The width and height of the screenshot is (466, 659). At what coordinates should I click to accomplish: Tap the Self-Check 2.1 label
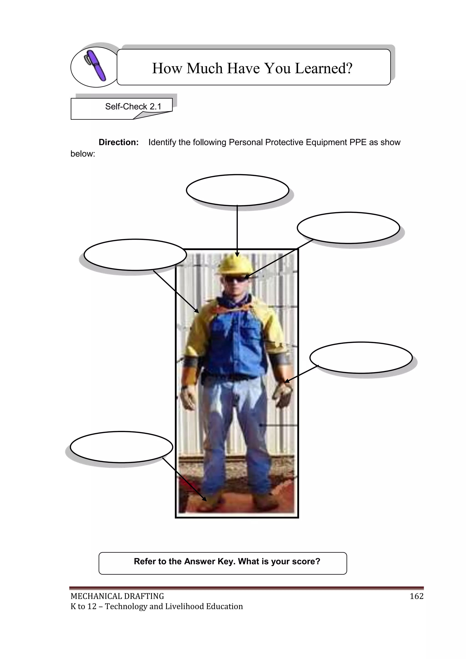tap(133, 107)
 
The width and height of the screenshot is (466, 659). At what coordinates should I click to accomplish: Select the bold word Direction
tap(119, 142)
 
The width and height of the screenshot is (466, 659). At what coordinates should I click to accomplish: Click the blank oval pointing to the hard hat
tap(237, 190)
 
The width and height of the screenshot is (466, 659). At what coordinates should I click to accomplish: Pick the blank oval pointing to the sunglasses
tap(348, 228)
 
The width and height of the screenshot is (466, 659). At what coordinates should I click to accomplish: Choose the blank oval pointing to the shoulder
tap(135, 254)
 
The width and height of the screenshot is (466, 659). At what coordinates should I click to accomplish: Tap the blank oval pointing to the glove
tap(361, 358)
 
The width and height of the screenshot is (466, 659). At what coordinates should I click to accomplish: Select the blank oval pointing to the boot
tap(121, 447)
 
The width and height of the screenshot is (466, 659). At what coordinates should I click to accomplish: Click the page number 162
tap(416, 596)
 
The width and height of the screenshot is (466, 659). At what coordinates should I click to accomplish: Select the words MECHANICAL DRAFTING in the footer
tap(117, 596)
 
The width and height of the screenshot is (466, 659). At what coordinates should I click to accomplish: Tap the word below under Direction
tap(83, 154)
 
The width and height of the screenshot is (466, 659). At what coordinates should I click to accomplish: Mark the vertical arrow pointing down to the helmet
tap(237, 230)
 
